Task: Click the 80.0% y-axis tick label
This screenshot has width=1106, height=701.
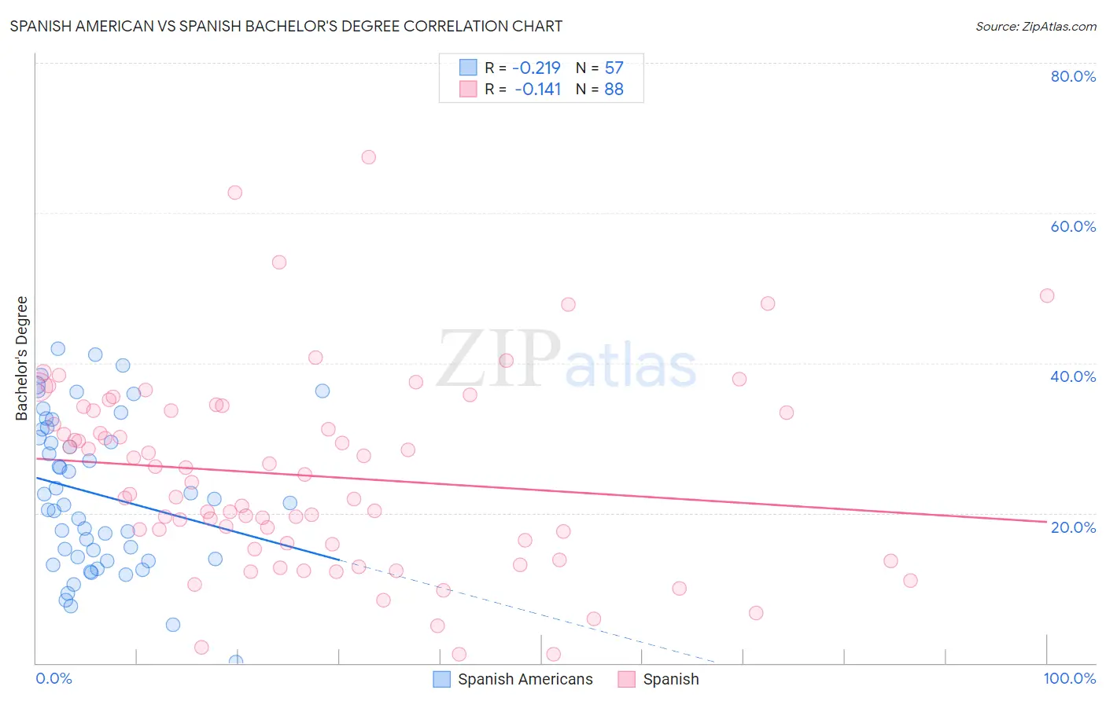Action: [1073, 76]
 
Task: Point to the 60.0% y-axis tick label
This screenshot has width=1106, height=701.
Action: [1073, 226]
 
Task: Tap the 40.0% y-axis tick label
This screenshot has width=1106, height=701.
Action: [1073, 376]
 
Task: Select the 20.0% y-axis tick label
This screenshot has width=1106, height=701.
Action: [1073, 527]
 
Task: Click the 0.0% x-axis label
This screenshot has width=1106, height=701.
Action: [53, 678]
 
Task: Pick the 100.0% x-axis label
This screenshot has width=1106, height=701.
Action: [1069, 678]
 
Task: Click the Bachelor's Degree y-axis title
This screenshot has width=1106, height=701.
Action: [22, 358]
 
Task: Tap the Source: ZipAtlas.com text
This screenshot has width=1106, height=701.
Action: [1035, 26]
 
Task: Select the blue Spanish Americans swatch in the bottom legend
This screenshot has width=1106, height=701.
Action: [442, 679]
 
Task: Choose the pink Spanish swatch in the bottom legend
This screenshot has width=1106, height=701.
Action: [626, 679]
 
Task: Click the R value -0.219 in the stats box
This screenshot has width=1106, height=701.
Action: [536, 68]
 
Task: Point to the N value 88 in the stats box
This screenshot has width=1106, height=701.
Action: [614, 90]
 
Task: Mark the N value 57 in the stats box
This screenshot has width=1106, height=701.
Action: [614, 68]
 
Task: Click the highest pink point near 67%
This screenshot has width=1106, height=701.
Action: [368, 157]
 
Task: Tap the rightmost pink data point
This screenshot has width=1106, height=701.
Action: [1046, 295]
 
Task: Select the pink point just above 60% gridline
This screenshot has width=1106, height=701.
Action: [234, 193]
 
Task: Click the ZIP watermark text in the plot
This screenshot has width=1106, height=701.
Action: [499, 360]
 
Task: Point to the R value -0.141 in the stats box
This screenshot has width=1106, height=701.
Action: [537, 90]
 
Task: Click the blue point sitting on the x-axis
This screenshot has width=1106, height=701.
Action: [235, 662]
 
